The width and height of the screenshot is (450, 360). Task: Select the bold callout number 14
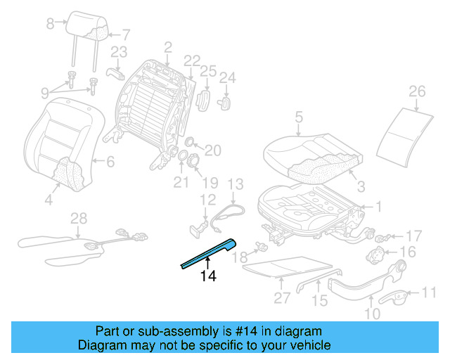point(208,276)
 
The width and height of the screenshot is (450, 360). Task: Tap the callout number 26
point(417,91)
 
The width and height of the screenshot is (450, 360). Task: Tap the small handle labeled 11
point(403,299)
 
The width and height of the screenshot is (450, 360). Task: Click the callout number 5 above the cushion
point(298,117)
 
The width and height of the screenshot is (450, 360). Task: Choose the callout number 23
point(119,51)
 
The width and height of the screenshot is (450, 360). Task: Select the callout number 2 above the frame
point(167,47)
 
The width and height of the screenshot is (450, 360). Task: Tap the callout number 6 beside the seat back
point(110,161)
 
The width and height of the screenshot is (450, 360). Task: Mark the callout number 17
point(414,236)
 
